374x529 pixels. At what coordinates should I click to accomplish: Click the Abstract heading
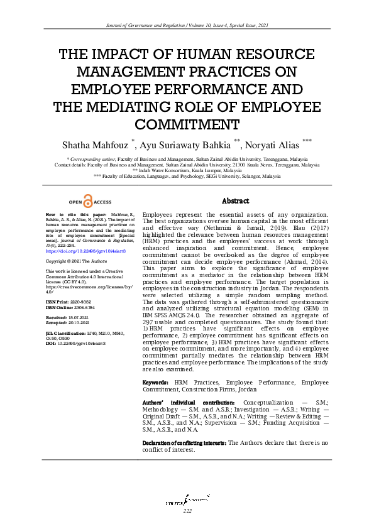(x=236, y=201)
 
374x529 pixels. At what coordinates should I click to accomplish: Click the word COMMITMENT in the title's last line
(x=187, y=123)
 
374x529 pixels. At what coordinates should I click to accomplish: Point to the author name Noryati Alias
(x=272, y=145)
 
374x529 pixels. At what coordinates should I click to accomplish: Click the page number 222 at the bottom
(x=187, y=511)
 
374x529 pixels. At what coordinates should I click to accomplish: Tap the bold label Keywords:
(x=155, y=382)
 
